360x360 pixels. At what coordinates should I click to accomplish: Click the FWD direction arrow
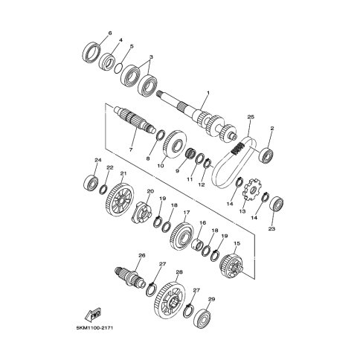(x=92, y=315)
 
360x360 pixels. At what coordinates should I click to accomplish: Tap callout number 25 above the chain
(x=251, y=117)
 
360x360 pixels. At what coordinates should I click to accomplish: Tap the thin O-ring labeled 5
(x=119, y=68)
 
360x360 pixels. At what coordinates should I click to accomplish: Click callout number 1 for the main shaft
(x=208, y=93)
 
